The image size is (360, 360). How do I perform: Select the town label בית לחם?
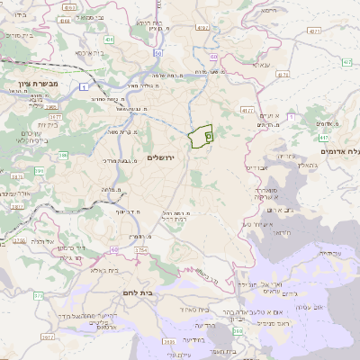coord(139,293)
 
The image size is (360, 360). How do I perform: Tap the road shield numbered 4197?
coord(202,28)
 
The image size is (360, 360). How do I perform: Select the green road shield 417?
coord(323,138)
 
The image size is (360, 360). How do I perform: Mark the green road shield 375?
coord(39,295)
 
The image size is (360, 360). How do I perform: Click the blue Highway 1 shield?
coord(80,86)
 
